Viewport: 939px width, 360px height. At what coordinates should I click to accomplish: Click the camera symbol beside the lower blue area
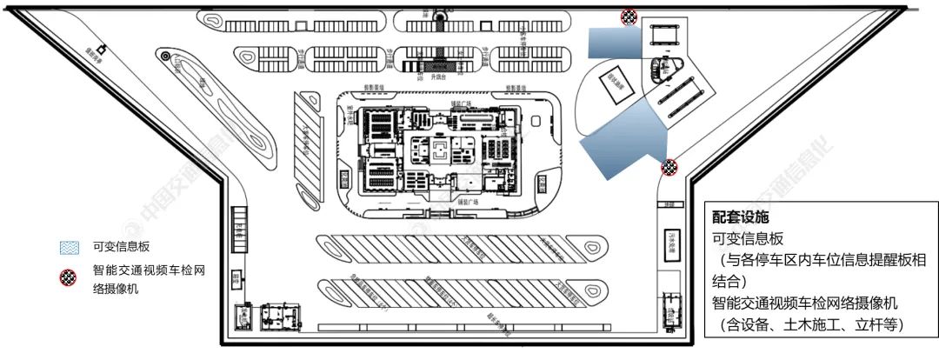(x=669, y=167)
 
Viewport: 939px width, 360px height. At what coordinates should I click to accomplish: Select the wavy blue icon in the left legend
(x=69, y=247)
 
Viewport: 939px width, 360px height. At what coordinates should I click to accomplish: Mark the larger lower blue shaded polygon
(x=622, y=138)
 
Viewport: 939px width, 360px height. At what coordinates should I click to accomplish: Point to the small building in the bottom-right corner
(x=670, y=310)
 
